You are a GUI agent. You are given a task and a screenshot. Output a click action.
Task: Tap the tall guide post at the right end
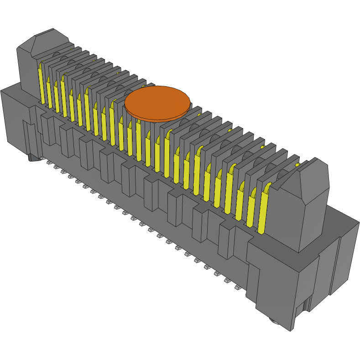pyautogui.click(x=306, y=205)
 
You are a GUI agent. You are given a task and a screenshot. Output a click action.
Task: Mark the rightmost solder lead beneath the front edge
pyautogui.click(x=238, y=288)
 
